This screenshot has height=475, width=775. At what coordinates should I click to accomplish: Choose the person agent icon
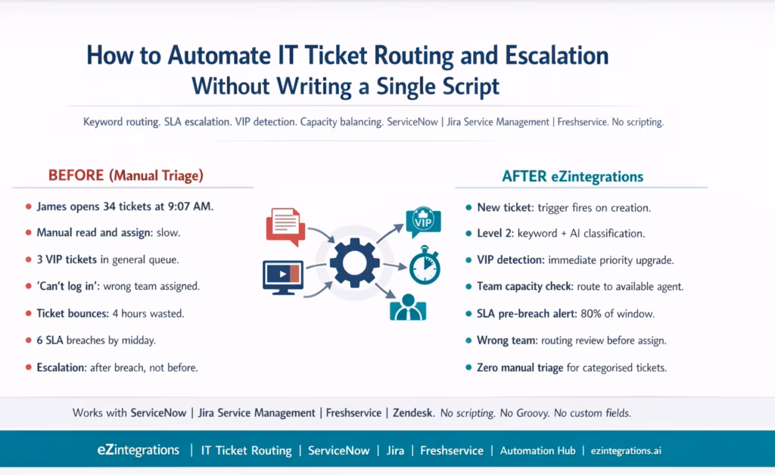(x=407, y=306)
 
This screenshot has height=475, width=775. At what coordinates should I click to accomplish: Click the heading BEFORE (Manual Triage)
(x=126, y=175)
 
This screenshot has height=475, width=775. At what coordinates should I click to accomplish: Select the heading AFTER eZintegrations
(x=572, y=176)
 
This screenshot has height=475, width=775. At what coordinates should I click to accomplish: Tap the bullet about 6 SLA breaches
(x=96, y=340)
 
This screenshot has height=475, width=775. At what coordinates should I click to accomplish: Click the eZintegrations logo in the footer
(x=138, y=450)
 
